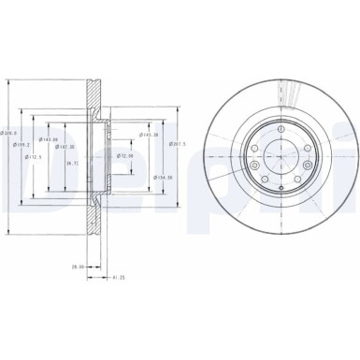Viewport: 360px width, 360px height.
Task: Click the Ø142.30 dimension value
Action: (67, 147)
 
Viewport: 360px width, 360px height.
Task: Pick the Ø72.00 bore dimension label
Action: (125, 155)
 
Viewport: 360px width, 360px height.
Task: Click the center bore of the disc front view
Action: (278, 156)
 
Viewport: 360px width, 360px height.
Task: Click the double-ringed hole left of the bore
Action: (250, 156)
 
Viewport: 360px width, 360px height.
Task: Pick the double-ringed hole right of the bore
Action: (306, 156)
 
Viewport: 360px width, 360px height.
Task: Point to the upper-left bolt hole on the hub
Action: (257, 137)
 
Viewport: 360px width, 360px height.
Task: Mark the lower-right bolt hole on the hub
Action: (297, 176)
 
